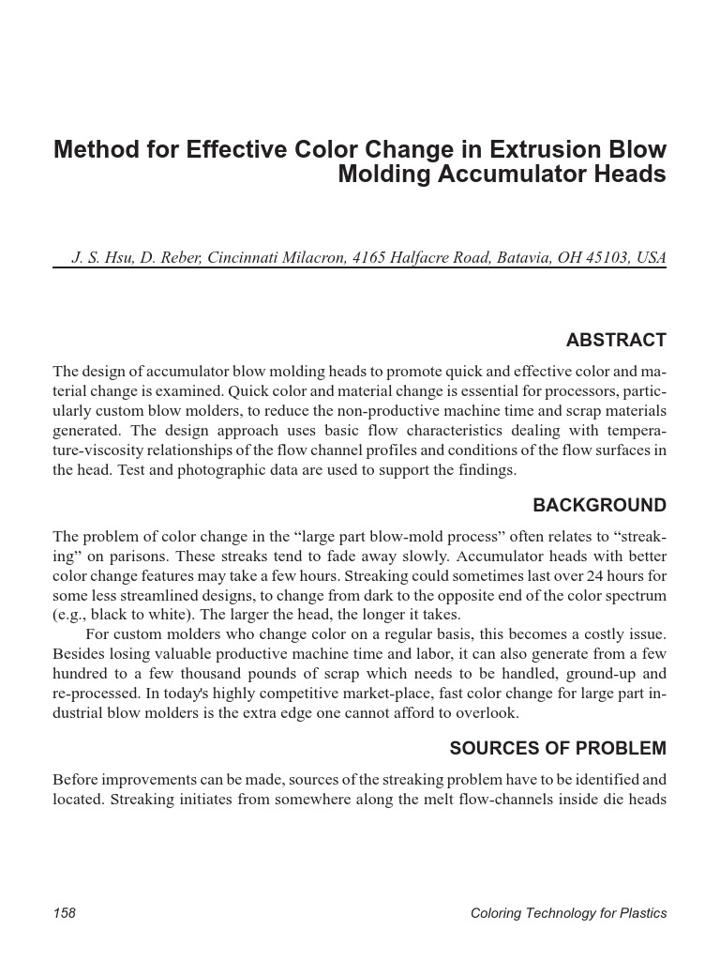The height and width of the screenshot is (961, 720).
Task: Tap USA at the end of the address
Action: click(651, 257)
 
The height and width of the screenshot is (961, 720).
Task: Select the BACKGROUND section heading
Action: click(600, 506)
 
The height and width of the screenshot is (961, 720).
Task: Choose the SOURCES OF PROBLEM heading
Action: click(558, 749)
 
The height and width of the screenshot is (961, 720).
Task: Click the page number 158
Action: click(65, 913)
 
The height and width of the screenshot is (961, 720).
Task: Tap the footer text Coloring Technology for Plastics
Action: click(568, 913)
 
